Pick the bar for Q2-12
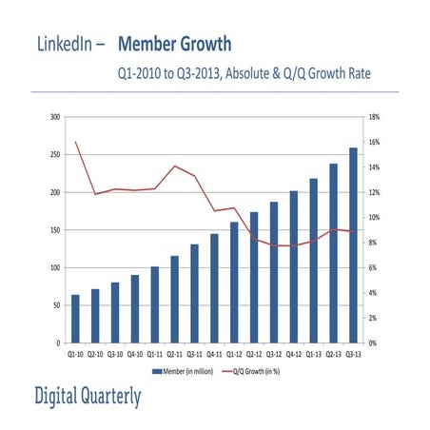coord(254,277)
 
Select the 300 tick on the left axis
coord(54,117)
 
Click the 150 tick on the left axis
coord(54,230)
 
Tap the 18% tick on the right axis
coord(375,117)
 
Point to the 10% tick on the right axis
coord(375,218)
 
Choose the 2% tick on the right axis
coord(374,318)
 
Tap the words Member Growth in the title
coord(175,45)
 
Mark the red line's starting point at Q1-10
coord(75,143)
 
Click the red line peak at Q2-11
coord(175,166)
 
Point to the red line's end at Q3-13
coord(354,231)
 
